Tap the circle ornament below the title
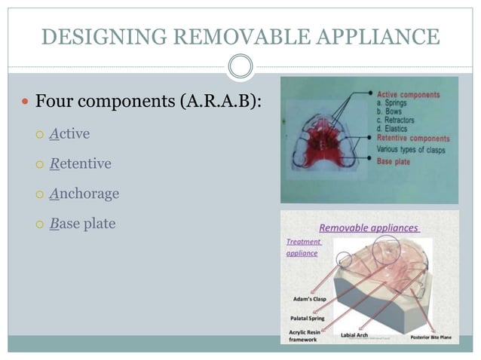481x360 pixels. (240, 66)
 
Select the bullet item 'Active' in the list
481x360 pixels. (69, 134)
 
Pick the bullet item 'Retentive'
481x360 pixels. (80, 163)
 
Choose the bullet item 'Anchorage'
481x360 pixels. (84, 194)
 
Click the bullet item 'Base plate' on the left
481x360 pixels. (82, 224)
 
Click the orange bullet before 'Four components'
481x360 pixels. (26, 102)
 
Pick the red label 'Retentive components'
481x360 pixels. (412, 139)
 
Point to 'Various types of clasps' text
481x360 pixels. (411, 150)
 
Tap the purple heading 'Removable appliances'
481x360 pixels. (369, 227)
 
